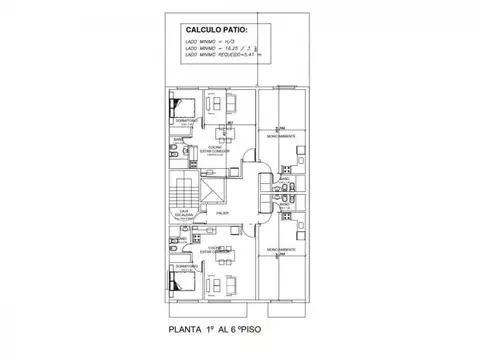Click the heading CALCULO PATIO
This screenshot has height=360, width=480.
pos(217,32)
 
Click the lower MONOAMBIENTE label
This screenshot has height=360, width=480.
pos(279,246)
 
